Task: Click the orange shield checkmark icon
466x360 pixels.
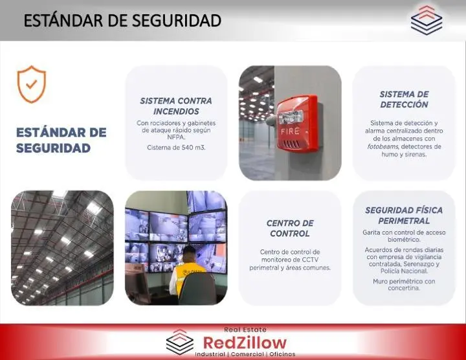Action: coord(32,84)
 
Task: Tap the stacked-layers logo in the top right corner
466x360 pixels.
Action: coord(427,20)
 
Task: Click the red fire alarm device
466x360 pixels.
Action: coord(298,124)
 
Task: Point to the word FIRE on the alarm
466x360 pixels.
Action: coord(290,131)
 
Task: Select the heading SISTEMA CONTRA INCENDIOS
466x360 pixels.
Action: coord(176,106)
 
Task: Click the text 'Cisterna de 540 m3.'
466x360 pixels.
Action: coord(176,148)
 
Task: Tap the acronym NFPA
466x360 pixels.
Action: coord(176,137)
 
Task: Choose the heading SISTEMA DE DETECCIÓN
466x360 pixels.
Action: coord(404,99)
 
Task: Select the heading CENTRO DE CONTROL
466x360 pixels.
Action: coord(290,229)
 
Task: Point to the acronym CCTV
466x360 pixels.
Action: coord(310,260)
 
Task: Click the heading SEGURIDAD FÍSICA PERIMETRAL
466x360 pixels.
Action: coord(404,216)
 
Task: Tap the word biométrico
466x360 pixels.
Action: coord(404,240)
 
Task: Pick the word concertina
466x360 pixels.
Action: coord(404,288)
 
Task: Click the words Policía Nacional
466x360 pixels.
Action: coord(404,271)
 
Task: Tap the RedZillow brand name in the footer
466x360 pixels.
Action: coord(245,343)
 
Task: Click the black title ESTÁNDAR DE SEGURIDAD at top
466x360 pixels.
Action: coord(122,21)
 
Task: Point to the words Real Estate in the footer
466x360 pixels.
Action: coord(245,330)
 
